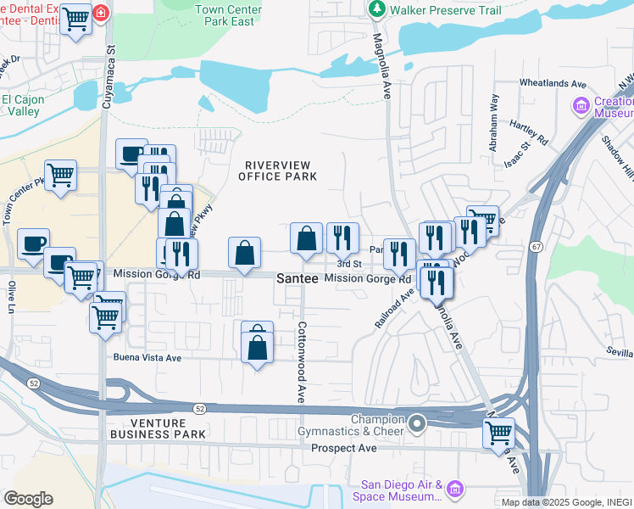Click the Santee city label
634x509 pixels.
pyautogui.click(x=298, y=278)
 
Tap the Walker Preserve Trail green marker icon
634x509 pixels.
pyautogui.click(x=376, y=9)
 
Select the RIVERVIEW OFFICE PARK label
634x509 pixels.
pyautogui.click(x=277, y=171)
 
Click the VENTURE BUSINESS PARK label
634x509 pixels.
pyautogui.click(x=157, y=428)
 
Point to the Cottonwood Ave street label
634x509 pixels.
pyautogui.click(x=300, y=362)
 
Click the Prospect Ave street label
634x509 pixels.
pyautogui.click(x=343, y=448)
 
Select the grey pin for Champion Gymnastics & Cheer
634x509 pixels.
pyautogui.click(x=416, y=422)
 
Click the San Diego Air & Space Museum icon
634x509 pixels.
pyautogui.click(x=455, y=489)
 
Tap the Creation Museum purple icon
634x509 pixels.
pyautogui.click(x=581, y=107)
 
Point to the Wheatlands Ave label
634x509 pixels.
pyautogui.click(x=553, y=84)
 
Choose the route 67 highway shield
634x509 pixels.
pyautogui.click(x=537, y=247)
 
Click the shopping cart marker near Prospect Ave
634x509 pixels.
pyautogui.click(x=498, y=432)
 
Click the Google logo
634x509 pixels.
pyautogui.click(x=28, y=499)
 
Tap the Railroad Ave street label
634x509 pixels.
pyautogui.click(x=396, y=310)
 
